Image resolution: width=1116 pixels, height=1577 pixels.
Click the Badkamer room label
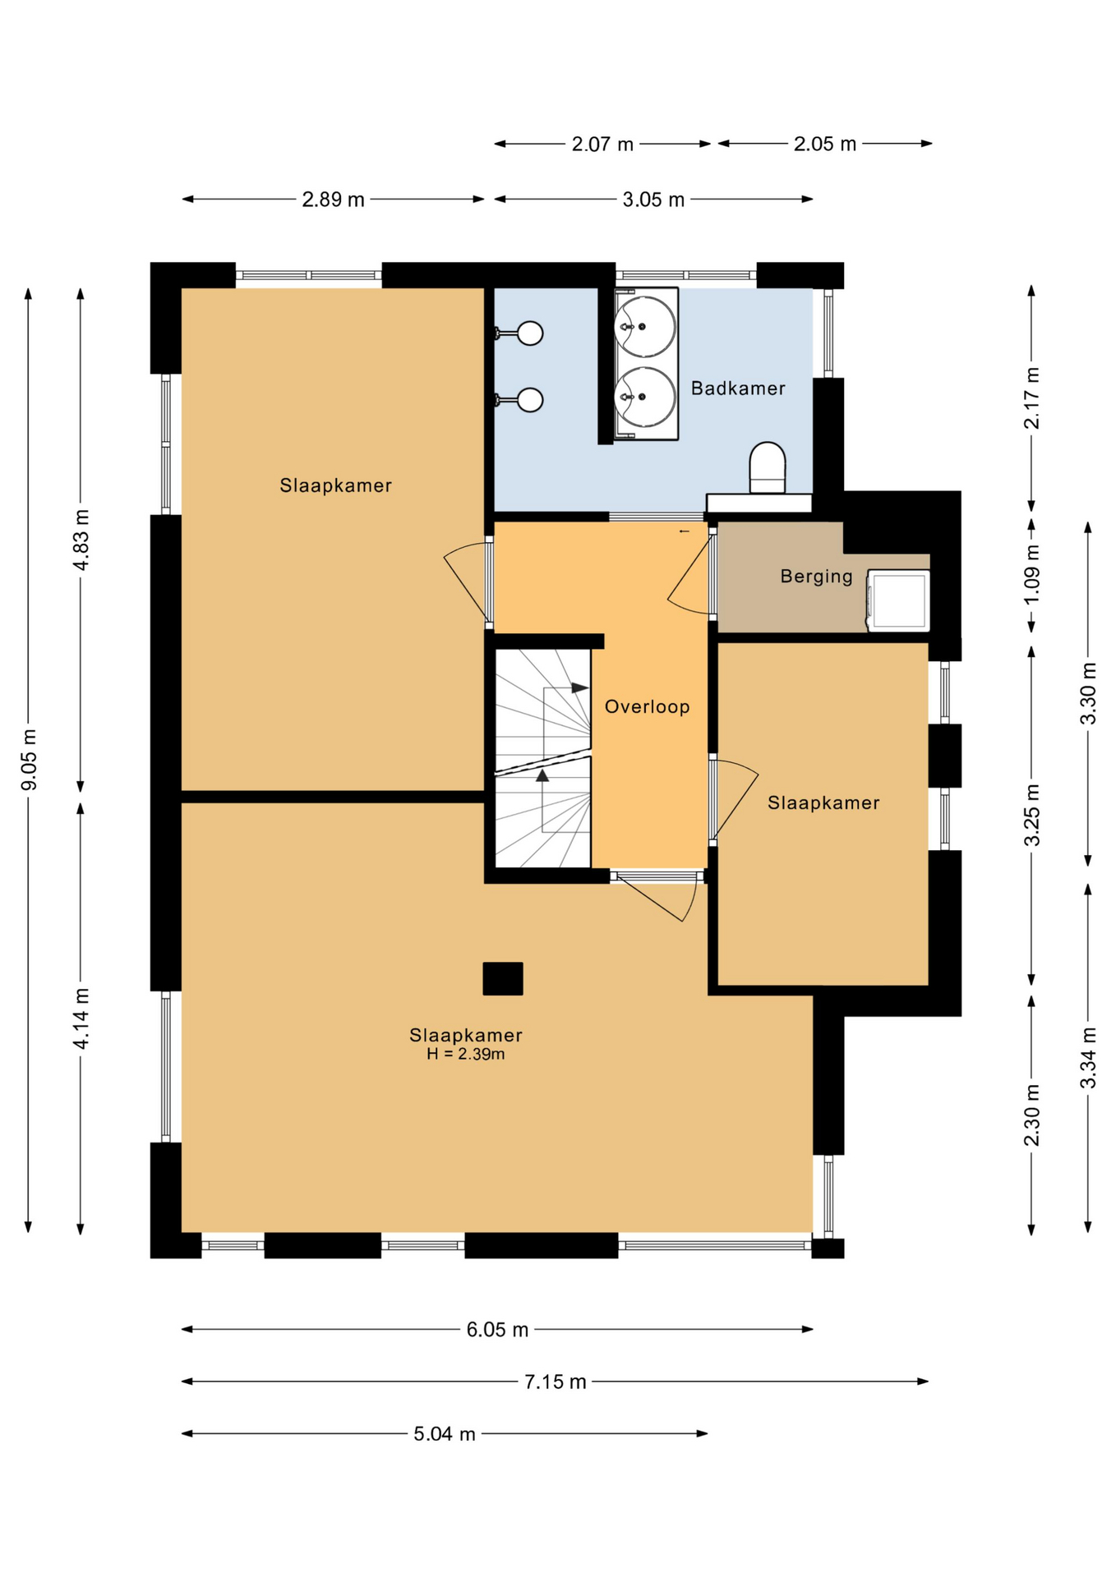pyautogui.click(x=738, y=389)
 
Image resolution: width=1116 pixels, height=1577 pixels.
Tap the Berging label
pyautogui.click(x=817, y=577)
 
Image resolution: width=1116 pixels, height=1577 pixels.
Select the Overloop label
pyautogui.click(x=648, y=707)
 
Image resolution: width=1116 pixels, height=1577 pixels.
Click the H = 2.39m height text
pyautogui.click(x=465, y=1055)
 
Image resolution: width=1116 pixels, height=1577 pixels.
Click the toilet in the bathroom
pyautogui.click(x=768, y=468)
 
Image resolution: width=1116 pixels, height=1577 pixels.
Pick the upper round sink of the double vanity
pyautogui.click(x=646, y=326)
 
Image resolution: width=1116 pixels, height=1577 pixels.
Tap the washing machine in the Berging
pyautogui.click(x=898, y=600)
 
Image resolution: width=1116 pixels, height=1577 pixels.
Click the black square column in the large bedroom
pyautogui.click(x=503, y=978)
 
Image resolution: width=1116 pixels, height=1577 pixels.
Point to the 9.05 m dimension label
pyautogui.click(x=29, y=760)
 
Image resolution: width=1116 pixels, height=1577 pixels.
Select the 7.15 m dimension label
pyautogui.click(x=556, y=1382)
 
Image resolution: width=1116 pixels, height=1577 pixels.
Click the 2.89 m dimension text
pyautogui.click(x=333, y=200)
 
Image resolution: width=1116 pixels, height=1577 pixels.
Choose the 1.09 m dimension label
pyautogui.click(x=1032, y=574)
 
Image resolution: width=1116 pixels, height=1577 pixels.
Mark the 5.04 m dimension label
pyautogui.click(x=445, y=1434)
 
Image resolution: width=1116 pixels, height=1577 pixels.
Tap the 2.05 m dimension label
pyautogui.click(x=824, y=145)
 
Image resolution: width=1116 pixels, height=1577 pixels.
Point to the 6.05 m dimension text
pyautogui.click(x=497, y=1330)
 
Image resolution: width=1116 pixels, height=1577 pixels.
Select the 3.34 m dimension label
pyautogui.click(x=1088, y=1058)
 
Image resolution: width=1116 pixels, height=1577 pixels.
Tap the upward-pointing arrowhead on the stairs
pyautogui.click(x=542, y=775)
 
